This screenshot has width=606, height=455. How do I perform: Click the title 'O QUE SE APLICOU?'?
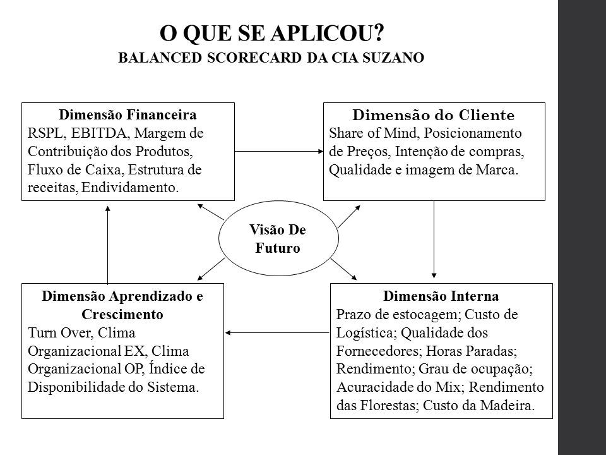point(271,33)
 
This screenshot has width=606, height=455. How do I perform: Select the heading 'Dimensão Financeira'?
point(128,114)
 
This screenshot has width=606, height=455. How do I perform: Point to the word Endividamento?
point(130,187)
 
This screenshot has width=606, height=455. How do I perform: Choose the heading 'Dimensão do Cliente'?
point(433,115)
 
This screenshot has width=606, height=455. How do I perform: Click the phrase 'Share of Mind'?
point(374,133)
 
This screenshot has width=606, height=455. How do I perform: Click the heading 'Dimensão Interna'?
point(441,296)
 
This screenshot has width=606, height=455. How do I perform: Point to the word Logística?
point(366,333)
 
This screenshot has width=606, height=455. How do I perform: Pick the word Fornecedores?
point(379,351)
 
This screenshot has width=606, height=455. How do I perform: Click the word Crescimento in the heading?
point(122,314)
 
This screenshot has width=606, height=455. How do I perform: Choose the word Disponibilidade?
point(77,387)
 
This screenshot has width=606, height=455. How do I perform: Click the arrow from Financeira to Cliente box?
point(279,151)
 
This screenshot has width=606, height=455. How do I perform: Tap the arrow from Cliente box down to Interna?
point(434,240)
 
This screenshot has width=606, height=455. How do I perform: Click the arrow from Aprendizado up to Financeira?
point(108,245)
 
